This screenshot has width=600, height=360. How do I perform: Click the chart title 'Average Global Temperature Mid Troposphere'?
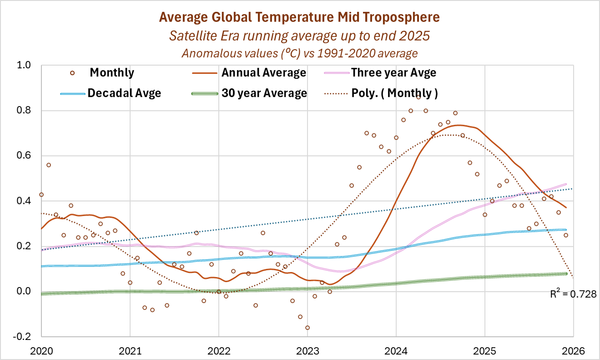(x=300, y=17)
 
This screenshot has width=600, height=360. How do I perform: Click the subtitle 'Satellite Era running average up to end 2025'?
(x=300, y=35)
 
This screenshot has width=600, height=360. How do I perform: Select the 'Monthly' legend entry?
(x=112, y=73)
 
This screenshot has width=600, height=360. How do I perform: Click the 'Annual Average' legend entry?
(x=263, y=73)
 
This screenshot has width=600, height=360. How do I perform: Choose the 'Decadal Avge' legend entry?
(x=124, y=93)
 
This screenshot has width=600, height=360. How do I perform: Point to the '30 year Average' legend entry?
(x=264, y=93)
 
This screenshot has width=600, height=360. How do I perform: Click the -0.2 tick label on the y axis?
(x=22, y=336)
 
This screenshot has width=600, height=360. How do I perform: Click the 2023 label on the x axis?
(x=307, y=351)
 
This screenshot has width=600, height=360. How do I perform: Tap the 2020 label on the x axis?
(x=41, y=351)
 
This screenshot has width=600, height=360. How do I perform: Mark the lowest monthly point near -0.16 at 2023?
(x=308, y=328)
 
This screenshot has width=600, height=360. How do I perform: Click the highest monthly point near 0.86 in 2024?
(x=418, y=97)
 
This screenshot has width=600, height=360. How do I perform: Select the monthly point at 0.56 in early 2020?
(x=49, y=165)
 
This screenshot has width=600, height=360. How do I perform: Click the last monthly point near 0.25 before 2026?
(x=566, y=235)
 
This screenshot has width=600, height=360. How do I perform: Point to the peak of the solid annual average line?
(x=459, y=125)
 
